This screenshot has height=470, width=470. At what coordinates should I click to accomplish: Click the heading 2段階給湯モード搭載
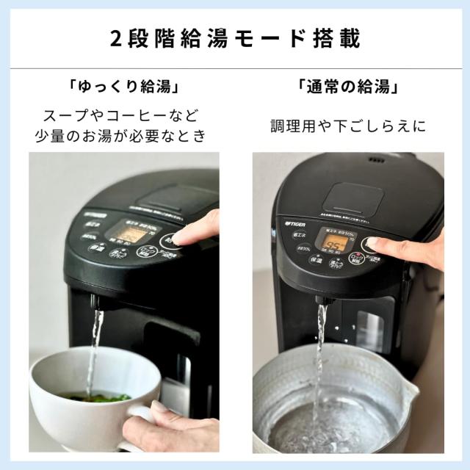click(235, 38)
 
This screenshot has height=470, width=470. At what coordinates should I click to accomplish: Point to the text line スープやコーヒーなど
click(123, 116)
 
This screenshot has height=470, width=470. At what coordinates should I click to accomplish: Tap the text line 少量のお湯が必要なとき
click(123, 137)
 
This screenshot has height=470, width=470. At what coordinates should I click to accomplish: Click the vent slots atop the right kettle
click(376, 159)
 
